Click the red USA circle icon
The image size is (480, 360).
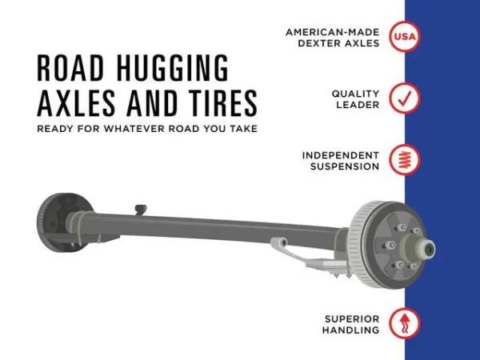pyautogui.click(x=405, y=37)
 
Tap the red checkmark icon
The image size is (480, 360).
pyautogui.click(x=405, y=98)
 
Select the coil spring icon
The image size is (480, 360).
pyautogui.click(x=405, y=160)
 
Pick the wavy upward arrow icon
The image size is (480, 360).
pyautogui.click(x=405, y=324)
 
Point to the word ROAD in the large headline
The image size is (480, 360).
pyautogui.click(x=70, y=68)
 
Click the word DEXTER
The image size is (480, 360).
pyautogui.click(x=319, y=43)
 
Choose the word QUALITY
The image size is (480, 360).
pyautogui.click(x=355, y=94)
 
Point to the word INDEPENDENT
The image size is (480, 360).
pyautogui.click(x=341, y=155)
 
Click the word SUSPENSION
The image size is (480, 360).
pyautogui.click(x=345, y=166)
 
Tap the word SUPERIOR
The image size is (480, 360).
pyautogui.click(x=352, y=319)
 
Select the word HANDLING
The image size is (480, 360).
pyautogui.click(x=351, y=330)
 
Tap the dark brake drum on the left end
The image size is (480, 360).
pyautogui.click(x=62, y=222)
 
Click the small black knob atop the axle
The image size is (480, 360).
pyautogui.click(x=141, y=209)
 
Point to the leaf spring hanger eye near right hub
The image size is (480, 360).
pyautogui.click(x=282, y=242)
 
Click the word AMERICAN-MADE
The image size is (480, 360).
pyautogui.click(x=333, y=32)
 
